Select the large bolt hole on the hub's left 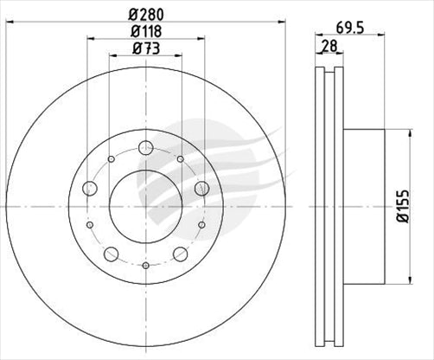pos(90,188)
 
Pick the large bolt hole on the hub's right pos(201,188)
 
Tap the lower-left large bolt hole pos(111,254)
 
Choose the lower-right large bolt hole pos(180,254)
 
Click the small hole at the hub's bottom pos(145,265)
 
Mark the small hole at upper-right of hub pos(179,159)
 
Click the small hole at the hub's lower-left pos(91,224)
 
